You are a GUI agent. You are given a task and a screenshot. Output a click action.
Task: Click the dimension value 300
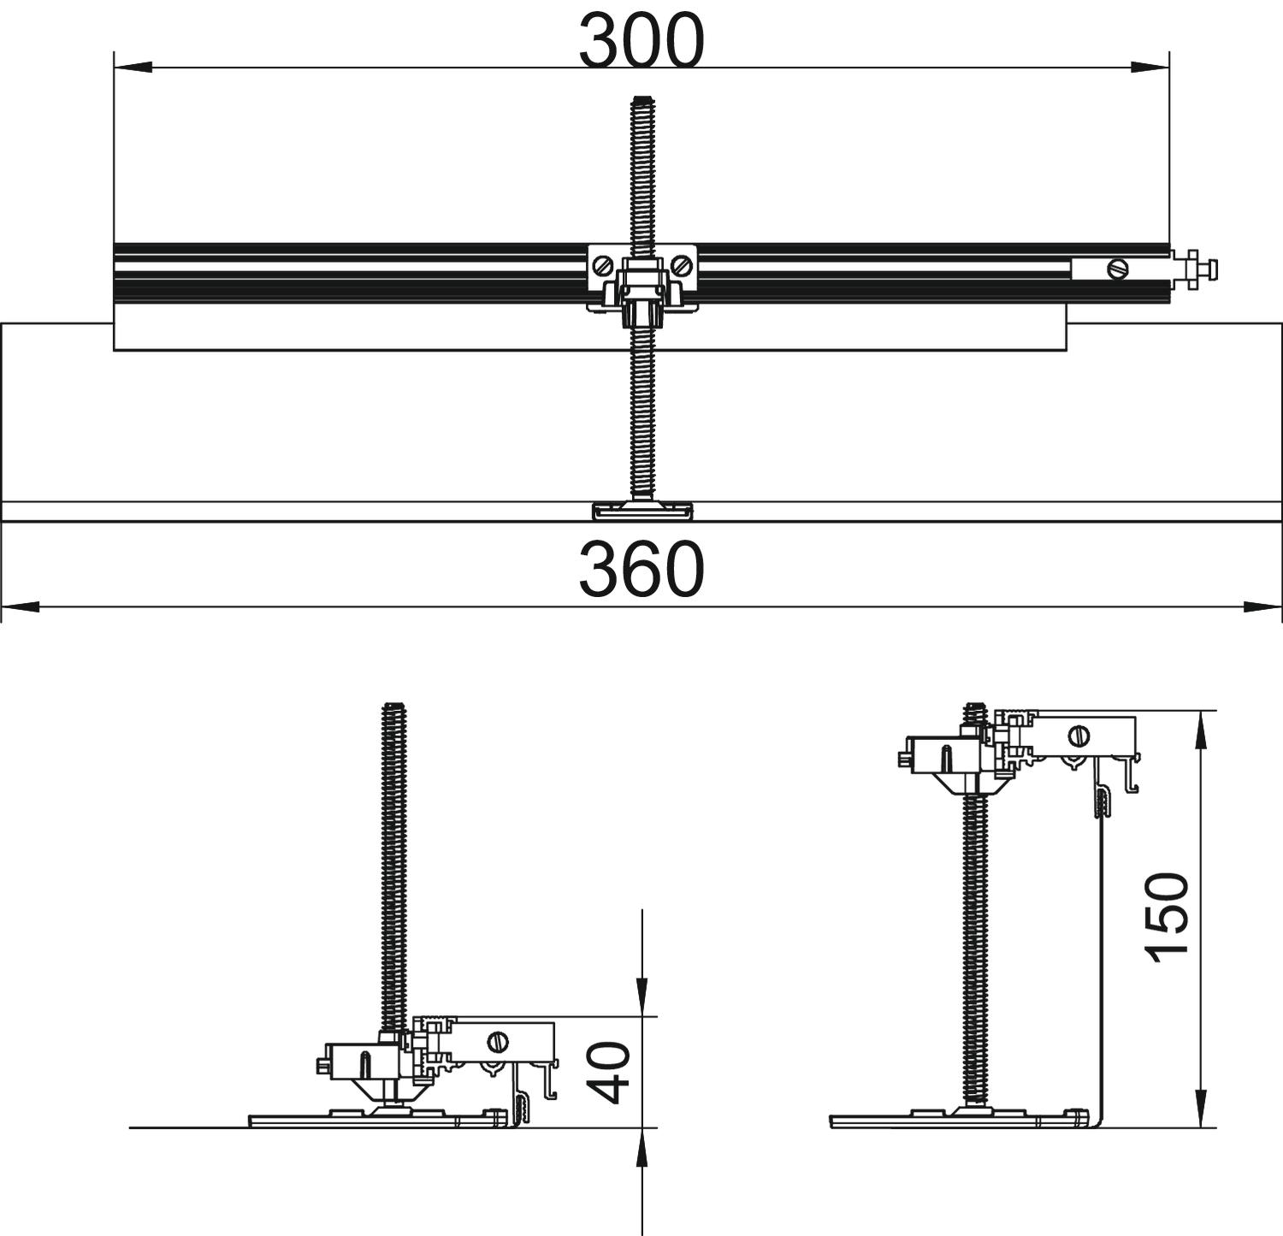[x=641, y=41]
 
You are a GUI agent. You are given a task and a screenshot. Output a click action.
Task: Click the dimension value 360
[x=641, y=570]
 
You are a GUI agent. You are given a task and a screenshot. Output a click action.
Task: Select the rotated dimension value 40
[x=612, y=1073]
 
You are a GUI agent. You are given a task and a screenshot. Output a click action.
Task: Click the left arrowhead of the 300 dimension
[x=133, y=67]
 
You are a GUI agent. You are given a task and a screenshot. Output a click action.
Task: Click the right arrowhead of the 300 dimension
[x=1150, y=67]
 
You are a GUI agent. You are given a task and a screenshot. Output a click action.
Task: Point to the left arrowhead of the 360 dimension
[x=20, y=607]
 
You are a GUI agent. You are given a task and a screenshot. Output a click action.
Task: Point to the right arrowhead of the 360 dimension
[x=1263, y=607]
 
